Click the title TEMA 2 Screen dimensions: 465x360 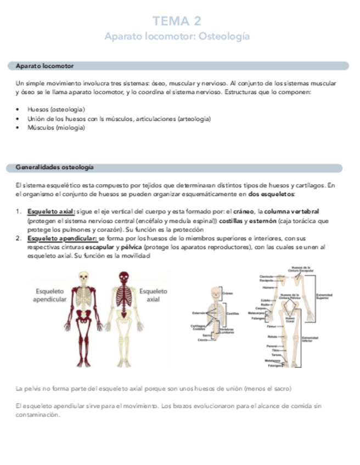(177, 21)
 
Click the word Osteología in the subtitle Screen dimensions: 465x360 (224, 36)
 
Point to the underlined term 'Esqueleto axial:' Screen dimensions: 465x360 (51, 211)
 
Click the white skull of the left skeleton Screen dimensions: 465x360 (83, 279)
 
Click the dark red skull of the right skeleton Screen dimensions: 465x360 (125, 278)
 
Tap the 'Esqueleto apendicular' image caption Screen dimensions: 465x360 (50, 296)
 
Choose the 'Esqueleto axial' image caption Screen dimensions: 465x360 (154, 296)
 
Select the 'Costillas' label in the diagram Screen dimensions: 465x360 (233, 314)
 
